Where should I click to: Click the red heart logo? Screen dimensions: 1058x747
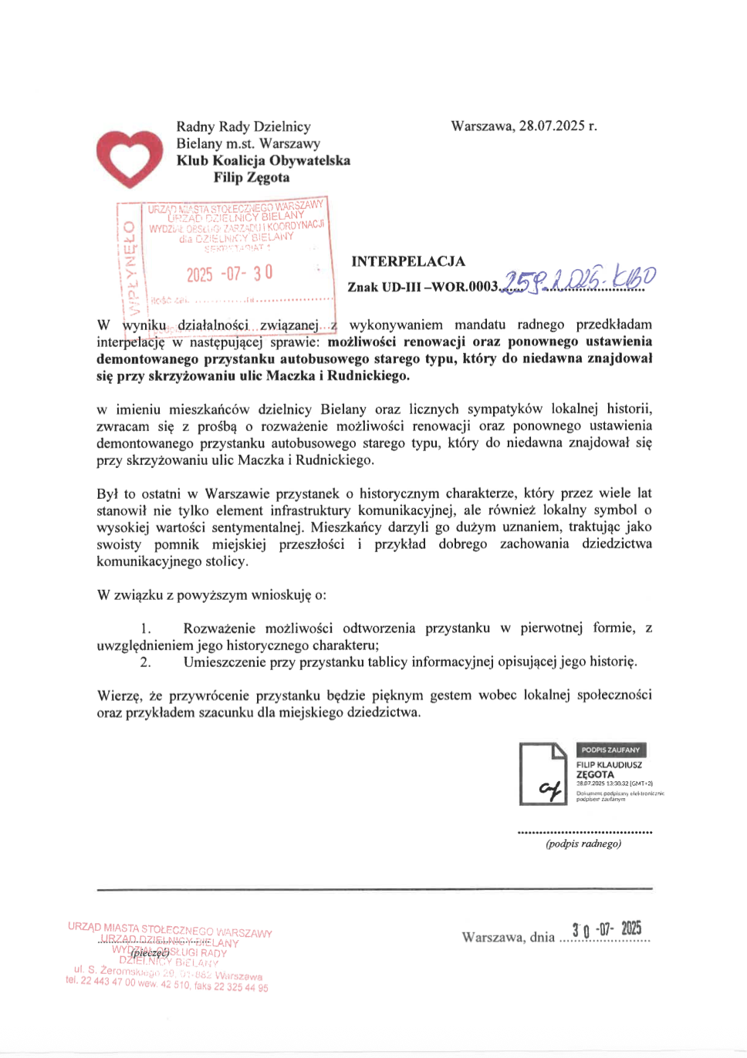[129, 157]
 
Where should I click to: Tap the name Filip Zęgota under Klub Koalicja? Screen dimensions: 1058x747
[252, 177]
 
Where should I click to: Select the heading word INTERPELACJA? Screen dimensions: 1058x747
[408, 261]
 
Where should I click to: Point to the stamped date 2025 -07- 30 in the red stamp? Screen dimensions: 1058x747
[229, 274]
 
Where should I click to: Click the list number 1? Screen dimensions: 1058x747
[145, 628]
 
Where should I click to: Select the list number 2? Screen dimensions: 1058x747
[145, 662]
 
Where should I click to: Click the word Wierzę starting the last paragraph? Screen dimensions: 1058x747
[118, 696]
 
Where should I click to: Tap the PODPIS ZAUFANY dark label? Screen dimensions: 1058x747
[610, 750]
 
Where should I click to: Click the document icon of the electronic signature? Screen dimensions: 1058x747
[543, 773]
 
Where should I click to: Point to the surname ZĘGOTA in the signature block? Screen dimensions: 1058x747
[595, 774]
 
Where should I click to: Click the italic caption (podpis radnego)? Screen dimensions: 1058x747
[583, 844]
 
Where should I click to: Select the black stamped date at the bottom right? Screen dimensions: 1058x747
[607, 929]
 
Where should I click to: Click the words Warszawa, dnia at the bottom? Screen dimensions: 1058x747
[508, 937]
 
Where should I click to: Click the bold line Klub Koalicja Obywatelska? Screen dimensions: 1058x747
[263, 160]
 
